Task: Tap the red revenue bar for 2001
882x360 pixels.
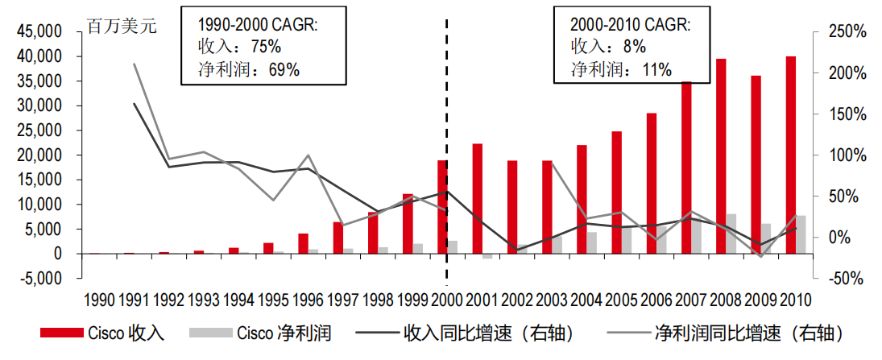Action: pos(477,198)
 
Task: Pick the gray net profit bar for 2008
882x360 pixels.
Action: pos(731,234)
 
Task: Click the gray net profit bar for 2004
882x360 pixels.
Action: pos(591,242)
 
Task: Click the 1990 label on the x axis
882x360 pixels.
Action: pos(99,300)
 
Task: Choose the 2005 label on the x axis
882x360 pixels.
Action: pos(622,300)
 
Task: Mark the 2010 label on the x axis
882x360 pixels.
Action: pos(796,300)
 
